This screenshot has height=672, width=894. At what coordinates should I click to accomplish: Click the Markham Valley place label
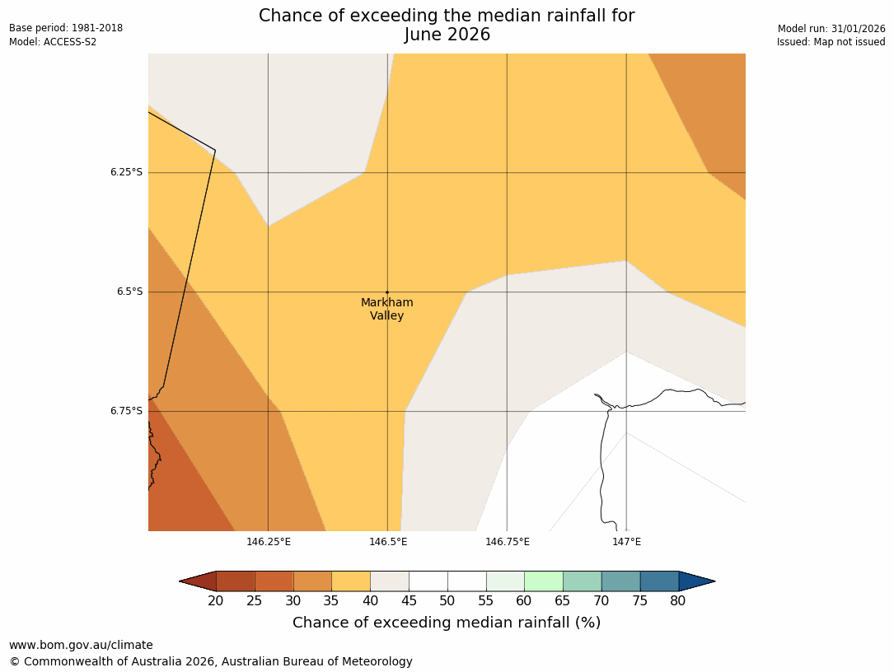coord(386,309)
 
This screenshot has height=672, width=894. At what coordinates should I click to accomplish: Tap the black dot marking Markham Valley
coord(387,292)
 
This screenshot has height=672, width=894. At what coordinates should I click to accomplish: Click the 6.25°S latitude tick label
coord(126,172)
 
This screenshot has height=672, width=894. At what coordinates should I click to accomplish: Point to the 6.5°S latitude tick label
coord(129,292)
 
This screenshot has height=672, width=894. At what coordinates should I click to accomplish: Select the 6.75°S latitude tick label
coord(126,411)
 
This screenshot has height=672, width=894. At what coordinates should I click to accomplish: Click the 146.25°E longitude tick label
coord(269,541)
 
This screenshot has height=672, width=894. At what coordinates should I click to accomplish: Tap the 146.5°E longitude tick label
coord(388,541)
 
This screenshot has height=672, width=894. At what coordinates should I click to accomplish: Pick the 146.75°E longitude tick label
coord(508,541)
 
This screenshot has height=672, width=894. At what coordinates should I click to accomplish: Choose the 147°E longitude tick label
coord(626,541)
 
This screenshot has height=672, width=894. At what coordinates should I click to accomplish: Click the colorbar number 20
coord(216,601)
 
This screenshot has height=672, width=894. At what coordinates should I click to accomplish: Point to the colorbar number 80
coord(677,601)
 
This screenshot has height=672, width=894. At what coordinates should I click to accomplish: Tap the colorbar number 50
coord(447,601)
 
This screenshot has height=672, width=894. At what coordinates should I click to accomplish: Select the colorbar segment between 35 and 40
coord(351,581)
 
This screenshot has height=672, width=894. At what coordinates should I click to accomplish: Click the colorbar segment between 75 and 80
coord(659,581)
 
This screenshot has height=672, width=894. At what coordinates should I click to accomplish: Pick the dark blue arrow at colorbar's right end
coord(696,581)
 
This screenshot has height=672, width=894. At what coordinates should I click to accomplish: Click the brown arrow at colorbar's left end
coord(198,581)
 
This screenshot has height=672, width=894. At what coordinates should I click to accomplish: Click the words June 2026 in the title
coord(447,35)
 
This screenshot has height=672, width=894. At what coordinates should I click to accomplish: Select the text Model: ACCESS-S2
coord(53,42)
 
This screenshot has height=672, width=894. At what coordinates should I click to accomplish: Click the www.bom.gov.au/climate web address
coord(81,645)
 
